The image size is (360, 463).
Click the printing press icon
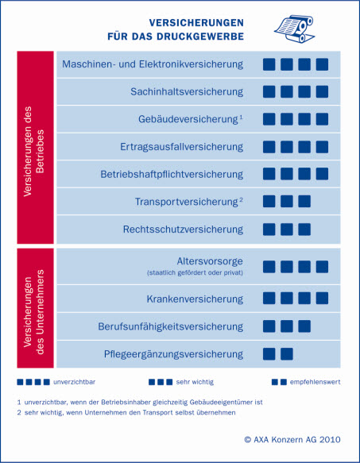pyautogui.click(x=294, y=29)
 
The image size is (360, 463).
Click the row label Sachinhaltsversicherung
pyautogui.click(x=187, y=91)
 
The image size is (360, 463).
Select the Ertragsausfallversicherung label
pyautogui.click(x=181, y=147)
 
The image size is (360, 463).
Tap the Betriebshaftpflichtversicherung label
pyautogui.click(x=172, y=174)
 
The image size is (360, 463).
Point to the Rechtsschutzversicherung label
pyautogui.click(x=183, y=230)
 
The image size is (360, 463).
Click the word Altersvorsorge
pyautogui.click(x=210, y=261)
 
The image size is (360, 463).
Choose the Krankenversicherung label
pyautogui.click(x=195, y=299)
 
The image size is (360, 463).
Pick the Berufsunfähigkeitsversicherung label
pyautogui.click(x=171, y=326)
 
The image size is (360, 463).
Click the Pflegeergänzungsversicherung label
pyautogui.click(x=173, y=353)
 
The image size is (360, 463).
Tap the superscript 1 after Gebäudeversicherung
pyautogui.click(x=241, y=118)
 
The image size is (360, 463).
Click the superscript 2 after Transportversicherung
pyautogui.click(x=241, y=200)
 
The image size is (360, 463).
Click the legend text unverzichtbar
pyautogui.click(x=74, y=382)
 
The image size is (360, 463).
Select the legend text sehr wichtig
pyautogui.click(x=195, y=382)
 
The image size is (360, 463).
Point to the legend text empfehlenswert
pyautogui.click(x=315, y=382)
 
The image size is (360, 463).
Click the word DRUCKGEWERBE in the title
pyautogui.click(x=200, y=37)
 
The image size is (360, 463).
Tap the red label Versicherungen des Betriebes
pyautogui.click(x=35, y=151)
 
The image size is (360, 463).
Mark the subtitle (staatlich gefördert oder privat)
pyautogui.click(x=195, y=272)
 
